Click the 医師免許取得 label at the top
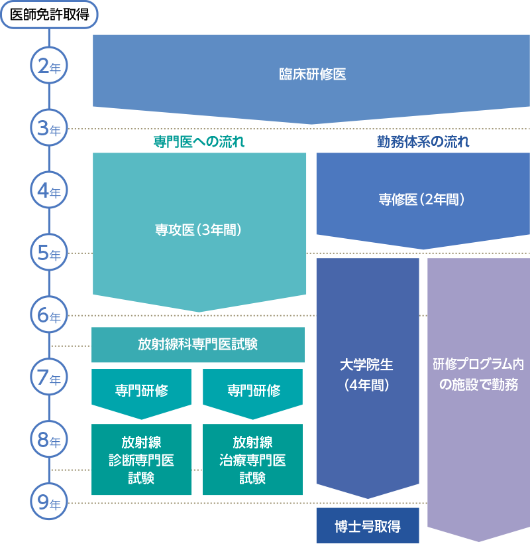click(x=49, y=15)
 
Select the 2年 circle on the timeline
click(x=50, y=67)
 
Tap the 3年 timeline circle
click(x=50, y=129)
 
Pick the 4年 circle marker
click(x=50, y=192)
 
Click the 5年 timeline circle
click(x=50, y=253)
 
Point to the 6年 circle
click(x=50, y=316)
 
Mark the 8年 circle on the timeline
click(x=50, y=440)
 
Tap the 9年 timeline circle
click(x=50, y=503)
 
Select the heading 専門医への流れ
click(x=199, y=141)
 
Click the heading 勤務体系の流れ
click(x=423, y=141)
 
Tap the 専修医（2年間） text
click(x=422, y=199)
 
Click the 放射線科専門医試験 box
click(x=197, y=344)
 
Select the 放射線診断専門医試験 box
click(x=141, y=460)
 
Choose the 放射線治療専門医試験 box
click(x=252, y=460)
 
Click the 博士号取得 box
click(x=368, y=526)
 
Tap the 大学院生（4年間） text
click(x=367, y=374)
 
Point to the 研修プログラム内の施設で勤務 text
click(x=478, y=374)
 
